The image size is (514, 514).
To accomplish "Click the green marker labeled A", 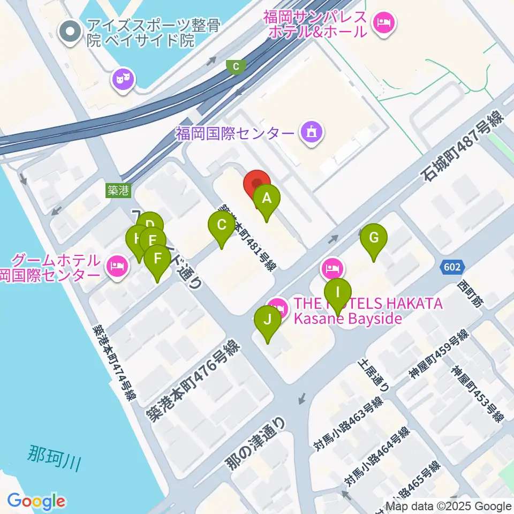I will [266, 199].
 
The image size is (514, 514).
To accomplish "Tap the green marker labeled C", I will [221, 225].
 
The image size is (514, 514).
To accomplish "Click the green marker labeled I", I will [337, 293].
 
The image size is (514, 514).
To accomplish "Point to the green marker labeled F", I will [157, 259].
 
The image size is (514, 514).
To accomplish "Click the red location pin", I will [257, 185].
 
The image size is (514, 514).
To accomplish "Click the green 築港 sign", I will [118, 190].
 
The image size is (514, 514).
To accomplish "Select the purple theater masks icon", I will [124, 80].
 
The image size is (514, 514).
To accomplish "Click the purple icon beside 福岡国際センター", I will [312, 131].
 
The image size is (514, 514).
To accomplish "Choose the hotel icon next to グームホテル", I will [117, 264].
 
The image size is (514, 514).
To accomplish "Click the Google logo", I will [36, 502].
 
